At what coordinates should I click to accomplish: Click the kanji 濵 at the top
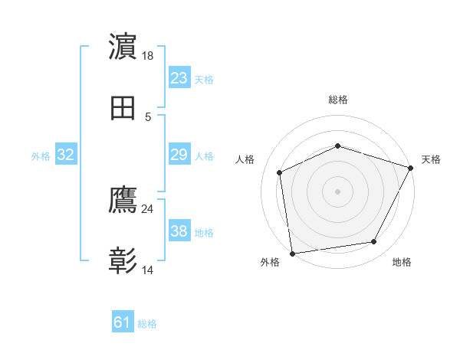[x=123, y=47]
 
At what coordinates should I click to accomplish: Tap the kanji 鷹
[x=123, y=201]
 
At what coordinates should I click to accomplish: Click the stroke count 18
[x=149, y=56]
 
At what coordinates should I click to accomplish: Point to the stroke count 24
[x=148, y=208]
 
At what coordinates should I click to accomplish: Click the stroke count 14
[x=148, y=270]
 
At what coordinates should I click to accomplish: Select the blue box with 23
[x=179, y=78]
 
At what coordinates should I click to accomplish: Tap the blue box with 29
[x=179, y=155]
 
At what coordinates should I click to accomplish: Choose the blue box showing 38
[x=179, y=231]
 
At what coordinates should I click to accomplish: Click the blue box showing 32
[x=66, y=155]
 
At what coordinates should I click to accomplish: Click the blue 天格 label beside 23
[x=204, y=79]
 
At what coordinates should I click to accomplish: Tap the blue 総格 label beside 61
[x=147, y=324]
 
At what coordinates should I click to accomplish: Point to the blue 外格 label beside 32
[x=41, y=155]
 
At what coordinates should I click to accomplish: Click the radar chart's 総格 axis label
[x=337, y=100]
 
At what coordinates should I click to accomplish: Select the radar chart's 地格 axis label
[x=402, y=263]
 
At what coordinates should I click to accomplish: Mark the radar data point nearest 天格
[x=411, y=168]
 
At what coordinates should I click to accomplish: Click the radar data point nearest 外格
[x=292, y=253]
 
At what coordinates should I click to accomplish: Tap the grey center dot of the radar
[x=337, y=191]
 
